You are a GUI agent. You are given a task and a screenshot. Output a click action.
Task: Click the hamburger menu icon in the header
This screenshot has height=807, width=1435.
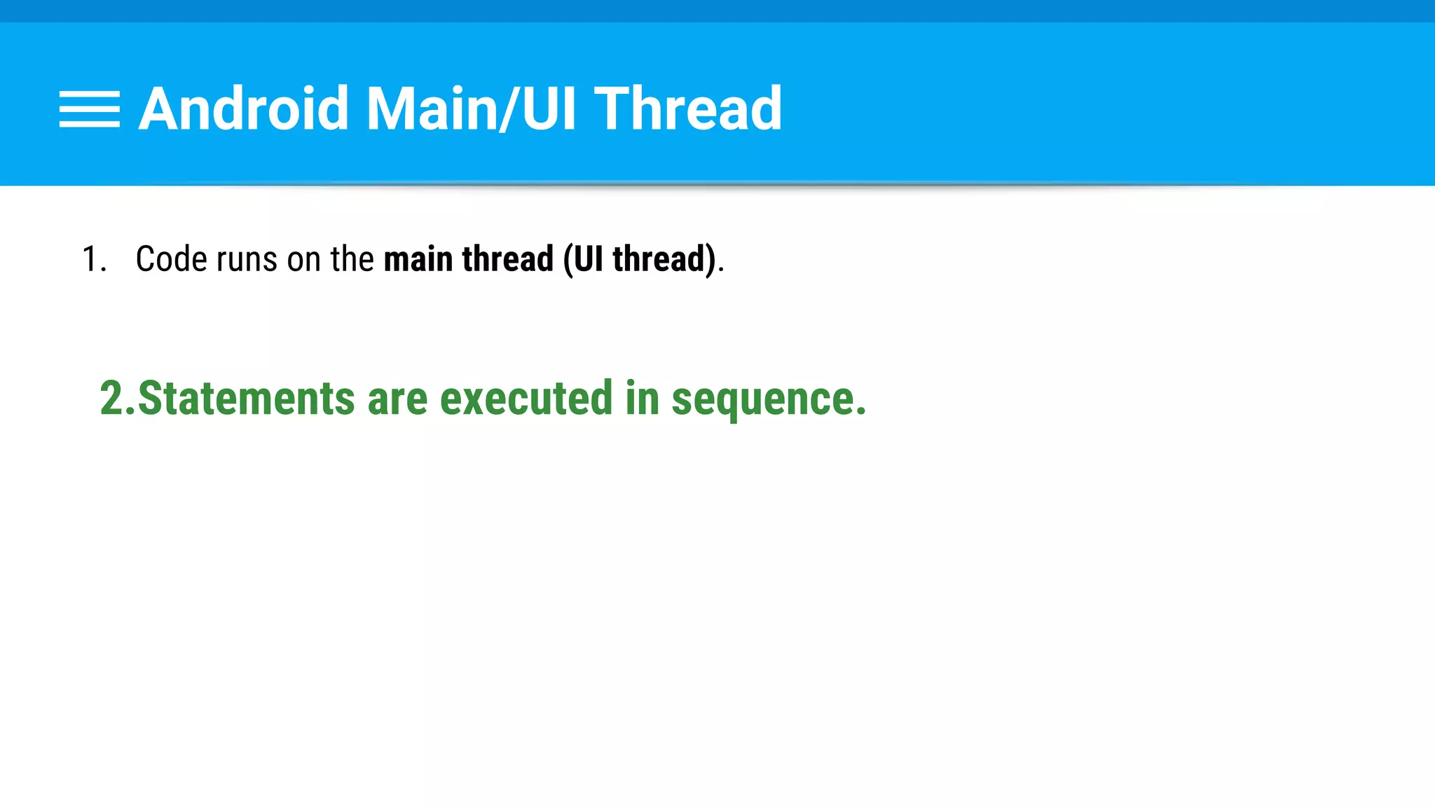(x=90, y=109)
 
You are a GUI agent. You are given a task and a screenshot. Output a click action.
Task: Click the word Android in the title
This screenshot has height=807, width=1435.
(x=243, y=109)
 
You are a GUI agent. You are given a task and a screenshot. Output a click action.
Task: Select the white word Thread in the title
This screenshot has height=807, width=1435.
(x=688, y=109)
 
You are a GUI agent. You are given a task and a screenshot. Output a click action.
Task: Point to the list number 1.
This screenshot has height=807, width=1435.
(x=93, y=259)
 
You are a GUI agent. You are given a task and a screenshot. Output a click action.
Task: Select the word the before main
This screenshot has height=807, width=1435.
(x=352, y=259)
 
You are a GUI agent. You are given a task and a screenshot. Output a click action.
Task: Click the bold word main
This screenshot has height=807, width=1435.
(x=418, y=259)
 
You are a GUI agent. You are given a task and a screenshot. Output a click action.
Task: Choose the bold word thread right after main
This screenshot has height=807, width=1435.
(x=508, y=259)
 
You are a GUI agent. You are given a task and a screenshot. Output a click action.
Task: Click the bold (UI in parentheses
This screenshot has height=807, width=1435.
(x=583, y=259)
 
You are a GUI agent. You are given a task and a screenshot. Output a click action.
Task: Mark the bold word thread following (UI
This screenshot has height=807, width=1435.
(x=663, y=259)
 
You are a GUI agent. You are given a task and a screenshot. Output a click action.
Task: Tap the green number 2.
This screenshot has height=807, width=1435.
(x=112, y=398)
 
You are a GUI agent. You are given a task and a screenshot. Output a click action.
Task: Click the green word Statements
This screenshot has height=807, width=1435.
(x=247, y=398)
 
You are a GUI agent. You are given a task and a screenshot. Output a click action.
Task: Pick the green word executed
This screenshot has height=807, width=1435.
(x=526, y=398)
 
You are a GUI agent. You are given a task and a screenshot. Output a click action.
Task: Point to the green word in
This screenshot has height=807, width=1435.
(x=642, y=398)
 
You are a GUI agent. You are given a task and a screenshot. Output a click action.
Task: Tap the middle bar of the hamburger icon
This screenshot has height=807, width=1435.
(x=90, y=109)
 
